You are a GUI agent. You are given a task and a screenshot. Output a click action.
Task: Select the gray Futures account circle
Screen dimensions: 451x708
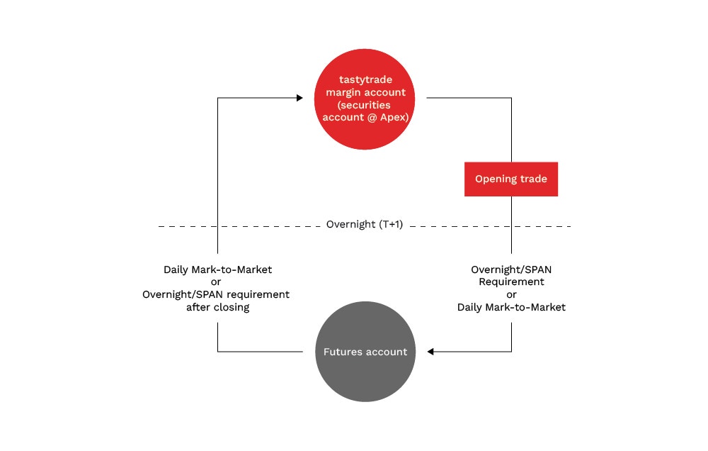pyautogui.click(x=365, y=352)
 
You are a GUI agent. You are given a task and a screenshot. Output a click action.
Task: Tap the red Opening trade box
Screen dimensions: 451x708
pyautogui.click(x=510, y=179)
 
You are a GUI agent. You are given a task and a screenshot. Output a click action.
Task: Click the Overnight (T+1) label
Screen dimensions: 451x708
pyautogui.click(x=364, y=225)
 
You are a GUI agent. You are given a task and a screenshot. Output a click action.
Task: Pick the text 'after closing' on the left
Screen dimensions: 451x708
pyautogui.click(x=217, y=308)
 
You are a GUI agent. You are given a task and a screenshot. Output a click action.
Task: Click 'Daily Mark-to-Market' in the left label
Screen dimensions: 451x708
pyautogui.click(x=217, y=269)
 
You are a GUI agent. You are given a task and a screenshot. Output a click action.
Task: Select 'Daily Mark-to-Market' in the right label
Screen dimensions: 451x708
pyautogui.click(x=511, y=308)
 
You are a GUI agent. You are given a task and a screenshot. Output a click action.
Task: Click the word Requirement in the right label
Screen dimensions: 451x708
pyautogui.click(x=511, y=282)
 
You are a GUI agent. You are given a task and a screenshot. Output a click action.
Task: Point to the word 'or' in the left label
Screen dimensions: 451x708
pyautogui.click(x=217, y=282)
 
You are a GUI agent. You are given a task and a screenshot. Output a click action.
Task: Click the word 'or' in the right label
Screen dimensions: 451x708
pyautogui.click(x=511, y=295)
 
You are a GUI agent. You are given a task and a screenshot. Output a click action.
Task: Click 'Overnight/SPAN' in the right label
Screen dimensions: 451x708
pyautogui.click(x=511, y=269)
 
